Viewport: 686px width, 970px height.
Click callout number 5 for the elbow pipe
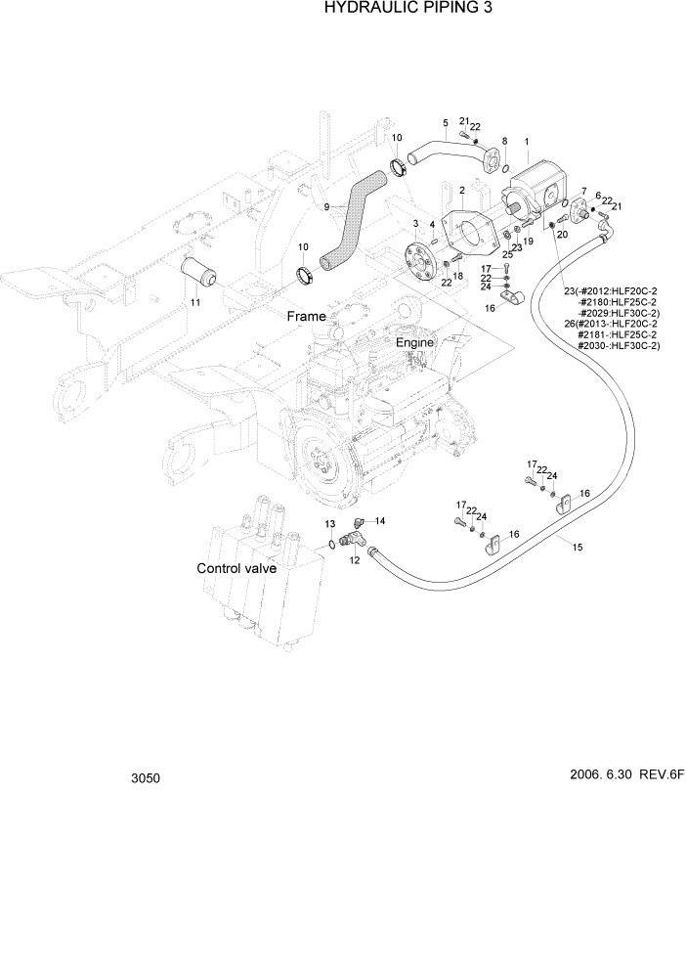click(x=446, y=123)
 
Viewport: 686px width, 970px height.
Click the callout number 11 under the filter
click(x=194, y=303)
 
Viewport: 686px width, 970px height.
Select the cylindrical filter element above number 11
click(x=198, y=271)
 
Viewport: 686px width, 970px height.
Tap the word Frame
click(x=306, y=317)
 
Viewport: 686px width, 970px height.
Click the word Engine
click(x=414, y=343)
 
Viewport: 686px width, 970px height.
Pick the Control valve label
click(x=236, y=568)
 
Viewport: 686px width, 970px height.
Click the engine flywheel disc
click(x=323, y=458)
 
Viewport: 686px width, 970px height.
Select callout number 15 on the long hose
click(x=578, y=548)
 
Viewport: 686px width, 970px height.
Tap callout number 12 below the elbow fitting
click(x=354, y=559)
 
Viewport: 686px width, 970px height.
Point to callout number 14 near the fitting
click(x=380, y=520)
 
